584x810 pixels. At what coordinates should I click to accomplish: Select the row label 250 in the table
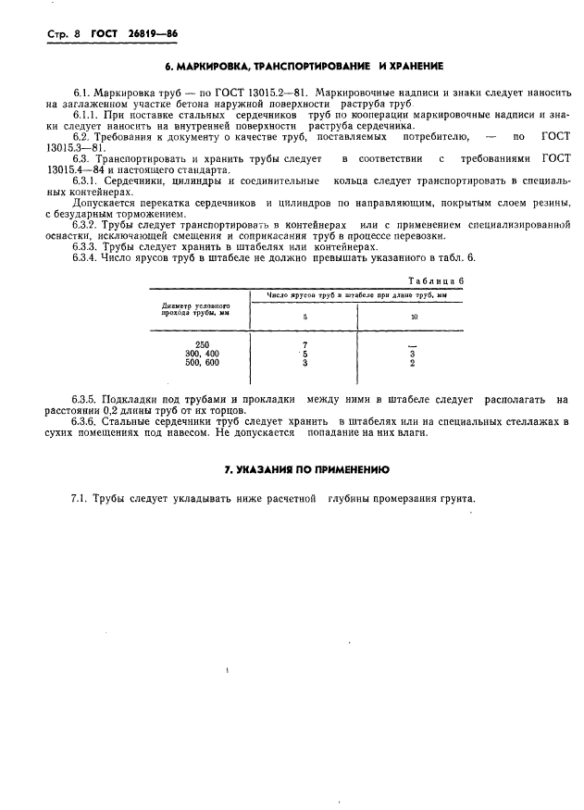pyautogui.click(x=203, y=344)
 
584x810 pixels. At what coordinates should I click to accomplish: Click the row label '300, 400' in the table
pyautogui.click(x=203, y=354)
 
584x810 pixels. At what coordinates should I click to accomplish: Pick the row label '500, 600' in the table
pyautogui.click(x=203, y=363)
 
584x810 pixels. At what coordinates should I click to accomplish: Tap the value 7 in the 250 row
pyautogui.click(x=304, y=344)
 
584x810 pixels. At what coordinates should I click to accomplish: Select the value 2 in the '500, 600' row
pyautogui.click(x=413, y=363)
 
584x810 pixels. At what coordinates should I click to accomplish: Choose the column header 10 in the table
pyautogui.click(x=414, y=316)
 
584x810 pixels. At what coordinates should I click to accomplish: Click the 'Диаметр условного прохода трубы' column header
pyautogui.click(x=195, y=308)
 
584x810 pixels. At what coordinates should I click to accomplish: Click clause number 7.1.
pyautogui.click(x=81, y=499)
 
